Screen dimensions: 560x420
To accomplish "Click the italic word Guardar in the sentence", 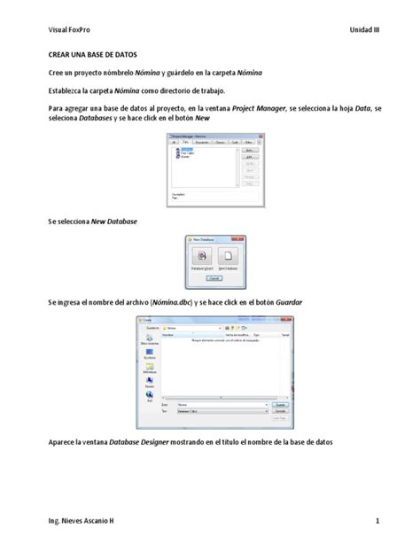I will [289, 302].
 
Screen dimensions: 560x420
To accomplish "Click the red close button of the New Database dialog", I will [239, 238].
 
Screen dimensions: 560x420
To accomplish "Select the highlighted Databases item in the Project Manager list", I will [187, 149].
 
